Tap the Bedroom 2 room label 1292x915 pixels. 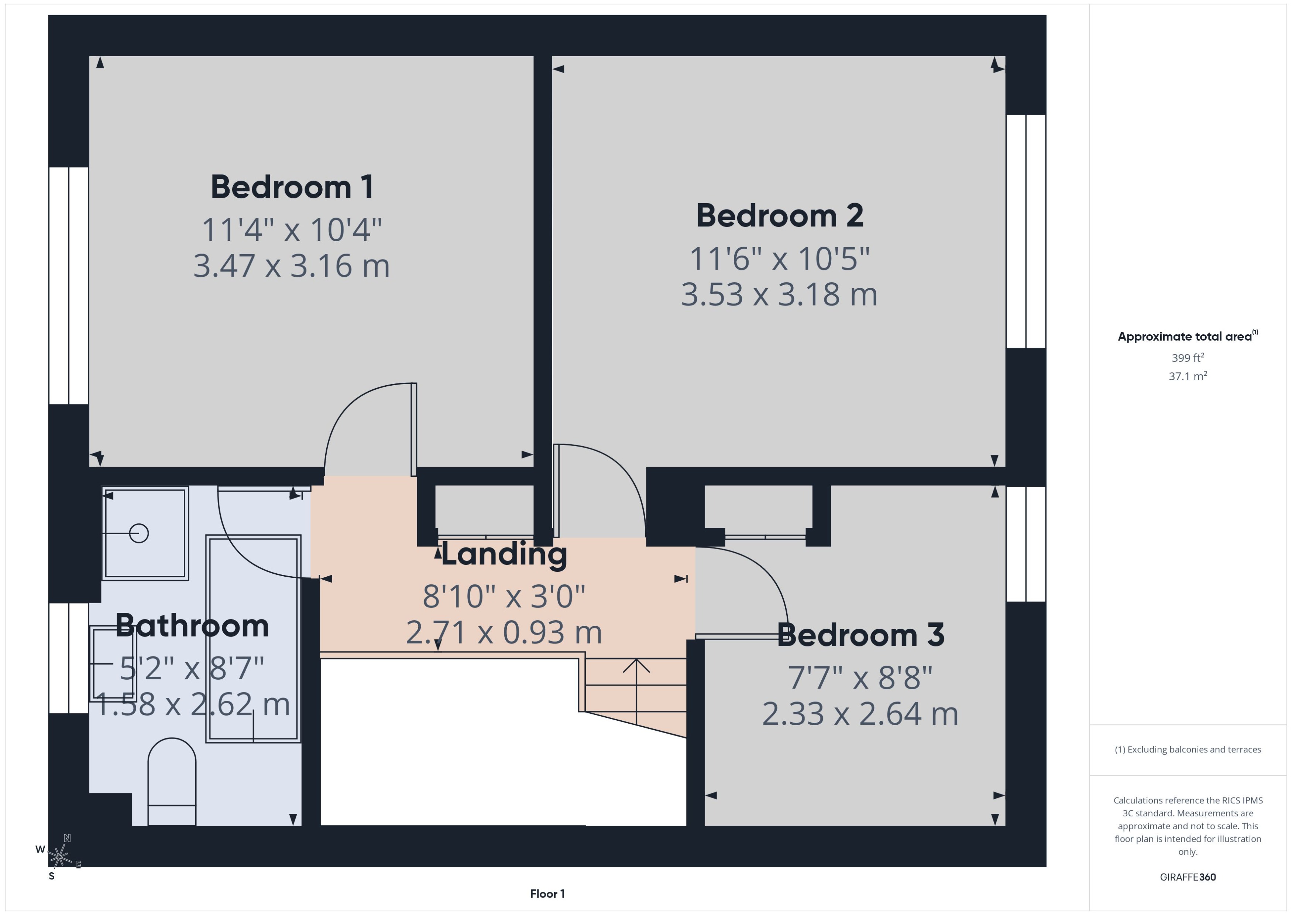[779, 216]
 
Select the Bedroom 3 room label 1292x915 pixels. [860, 635]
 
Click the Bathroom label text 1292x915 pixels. [192, 626]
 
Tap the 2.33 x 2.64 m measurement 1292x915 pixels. [860, 714]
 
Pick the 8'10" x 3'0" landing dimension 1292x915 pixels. [504, 597]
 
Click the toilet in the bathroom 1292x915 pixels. [172, 783]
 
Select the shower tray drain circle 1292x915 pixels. [139, 533]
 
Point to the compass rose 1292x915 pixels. [59, 856]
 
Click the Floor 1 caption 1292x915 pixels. [547, 894]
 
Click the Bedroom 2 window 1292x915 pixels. [1026, 231]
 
